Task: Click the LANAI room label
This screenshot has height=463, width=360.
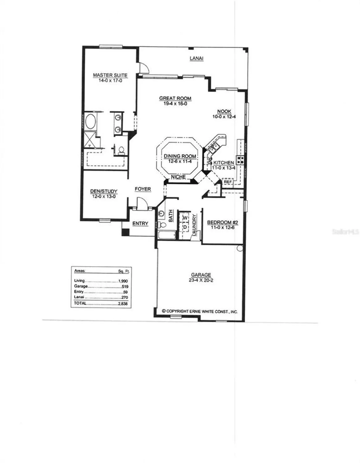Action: tap(197, 58)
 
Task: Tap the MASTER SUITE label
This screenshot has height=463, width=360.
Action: tap(110, 75)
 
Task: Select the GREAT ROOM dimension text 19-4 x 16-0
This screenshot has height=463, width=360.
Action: tap(175, 104)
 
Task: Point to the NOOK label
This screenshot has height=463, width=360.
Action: tap(224, 111)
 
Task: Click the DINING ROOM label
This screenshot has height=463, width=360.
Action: tap(180, 156)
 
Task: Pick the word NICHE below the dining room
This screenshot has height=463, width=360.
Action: tap(178, 177)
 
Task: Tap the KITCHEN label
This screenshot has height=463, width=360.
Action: tap(224, 163)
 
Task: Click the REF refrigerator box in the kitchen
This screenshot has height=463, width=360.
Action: tap(228, 182)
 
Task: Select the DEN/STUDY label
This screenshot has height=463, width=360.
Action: tap(104, 191)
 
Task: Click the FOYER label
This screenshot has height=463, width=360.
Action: tap(143, 189)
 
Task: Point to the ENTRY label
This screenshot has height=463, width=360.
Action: tap(140, 223)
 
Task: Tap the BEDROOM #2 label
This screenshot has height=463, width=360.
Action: tap(222, 222)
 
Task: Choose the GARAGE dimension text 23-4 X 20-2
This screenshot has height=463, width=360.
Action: tap(201, 280)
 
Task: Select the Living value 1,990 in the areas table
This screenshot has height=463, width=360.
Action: tap(123, 281)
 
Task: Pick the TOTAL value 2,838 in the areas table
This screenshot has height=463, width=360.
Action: tap(122, 304)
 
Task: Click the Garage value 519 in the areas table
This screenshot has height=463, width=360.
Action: tap(125, 286)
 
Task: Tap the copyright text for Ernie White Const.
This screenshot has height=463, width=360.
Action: tap(200, 311)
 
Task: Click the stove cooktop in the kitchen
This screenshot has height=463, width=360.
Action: tap(240, 160)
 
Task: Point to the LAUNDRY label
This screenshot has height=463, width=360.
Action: tap(194, 225)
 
